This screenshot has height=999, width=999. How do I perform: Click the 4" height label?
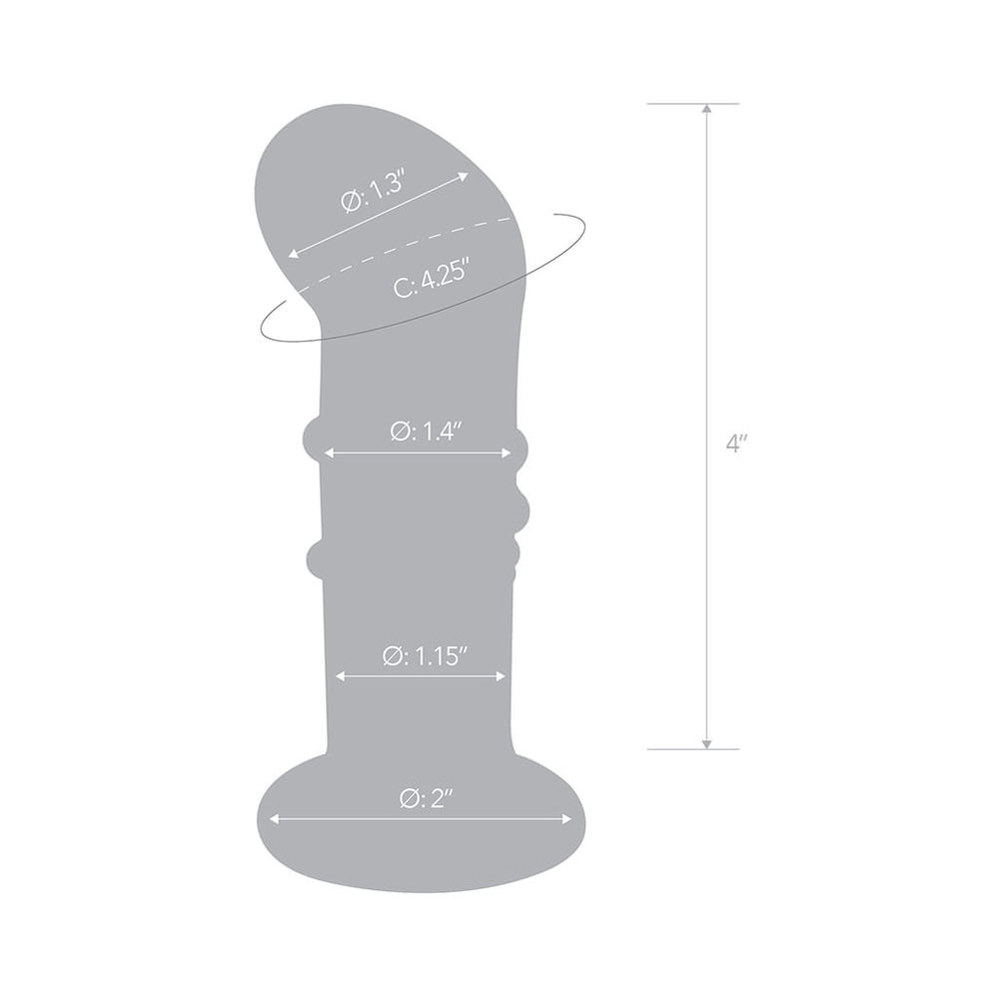pos(736,444)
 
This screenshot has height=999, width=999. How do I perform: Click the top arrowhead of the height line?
pos(706,108)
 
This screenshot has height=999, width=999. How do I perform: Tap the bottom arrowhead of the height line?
pos(706,744)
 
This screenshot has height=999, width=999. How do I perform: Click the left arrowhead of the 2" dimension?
pos(273,818)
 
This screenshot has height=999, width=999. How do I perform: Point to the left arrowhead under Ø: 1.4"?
pos(327,453)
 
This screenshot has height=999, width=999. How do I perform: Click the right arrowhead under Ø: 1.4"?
pos(507,453)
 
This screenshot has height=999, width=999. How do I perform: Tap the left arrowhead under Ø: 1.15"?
pos(341,676)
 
